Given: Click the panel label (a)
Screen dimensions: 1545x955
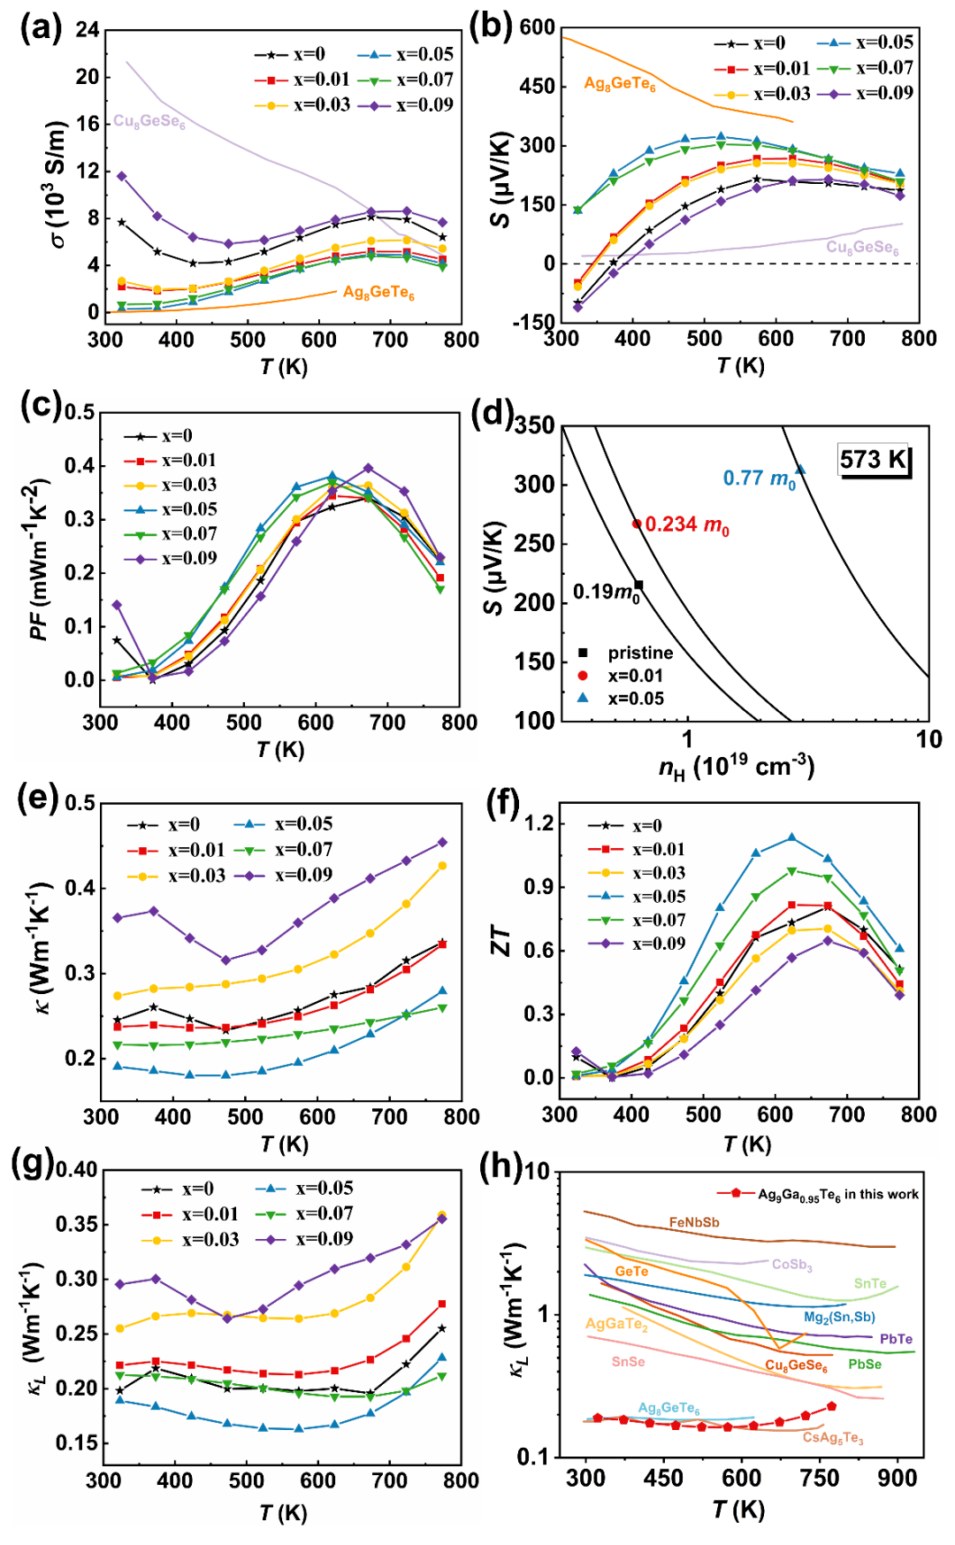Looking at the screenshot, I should [41, 29].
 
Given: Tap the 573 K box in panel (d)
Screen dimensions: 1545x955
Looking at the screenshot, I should [874, 460].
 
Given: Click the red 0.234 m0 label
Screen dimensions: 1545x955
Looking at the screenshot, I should [686, 525].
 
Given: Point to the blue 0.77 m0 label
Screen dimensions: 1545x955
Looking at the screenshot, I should [760, 479].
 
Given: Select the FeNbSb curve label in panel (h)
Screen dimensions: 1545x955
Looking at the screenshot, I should [694, 1222].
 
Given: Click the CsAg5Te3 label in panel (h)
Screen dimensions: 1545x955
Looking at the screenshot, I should [832, 1438].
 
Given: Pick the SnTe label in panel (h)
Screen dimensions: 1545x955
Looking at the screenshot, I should [870, 1283].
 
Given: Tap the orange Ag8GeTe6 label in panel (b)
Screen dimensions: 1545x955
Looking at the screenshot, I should [620, 84].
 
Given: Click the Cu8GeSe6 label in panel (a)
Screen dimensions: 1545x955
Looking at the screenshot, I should [149, 121].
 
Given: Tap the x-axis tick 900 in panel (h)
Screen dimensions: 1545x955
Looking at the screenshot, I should [897, 1479].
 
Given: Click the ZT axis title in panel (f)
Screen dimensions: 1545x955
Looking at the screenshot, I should [501, 941].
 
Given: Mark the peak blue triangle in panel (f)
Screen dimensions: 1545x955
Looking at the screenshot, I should [791, 838].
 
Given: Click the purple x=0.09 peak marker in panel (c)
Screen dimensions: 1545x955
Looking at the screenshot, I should [368, 468].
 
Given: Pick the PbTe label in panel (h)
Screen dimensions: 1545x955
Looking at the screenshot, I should [896, 1340].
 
